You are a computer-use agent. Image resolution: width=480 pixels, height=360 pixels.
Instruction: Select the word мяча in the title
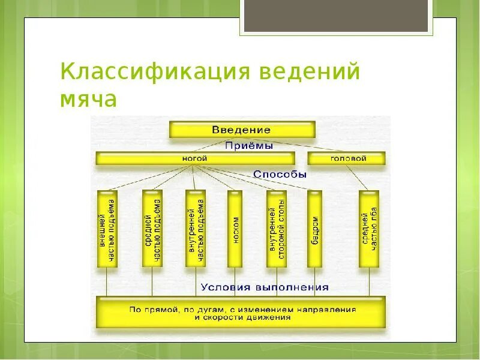(x=88, y=99)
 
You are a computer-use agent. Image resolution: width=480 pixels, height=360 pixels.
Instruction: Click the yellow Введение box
(x=242, y=130)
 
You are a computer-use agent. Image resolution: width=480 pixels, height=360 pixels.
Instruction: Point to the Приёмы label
(x=249, y=146)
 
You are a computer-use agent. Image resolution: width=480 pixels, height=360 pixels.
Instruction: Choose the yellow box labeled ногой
(x=196, y=158)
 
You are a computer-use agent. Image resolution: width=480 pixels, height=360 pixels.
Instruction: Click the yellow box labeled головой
(x=347, y=158)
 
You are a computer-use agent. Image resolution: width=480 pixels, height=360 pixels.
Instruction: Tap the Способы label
(x=280, y=175)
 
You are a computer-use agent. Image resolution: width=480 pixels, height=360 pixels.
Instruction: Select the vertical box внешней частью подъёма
(x=107, y=229)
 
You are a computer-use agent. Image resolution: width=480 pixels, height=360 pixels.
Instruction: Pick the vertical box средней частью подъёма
(x=152, y=229)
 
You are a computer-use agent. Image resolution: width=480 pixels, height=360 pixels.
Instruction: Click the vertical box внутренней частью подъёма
(x=196, y=229)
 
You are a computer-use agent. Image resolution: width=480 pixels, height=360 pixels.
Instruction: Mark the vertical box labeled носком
(x=235, y=229)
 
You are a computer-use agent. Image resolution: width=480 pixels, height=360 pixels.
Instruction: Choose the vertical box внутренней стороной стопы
(x=277, y=229)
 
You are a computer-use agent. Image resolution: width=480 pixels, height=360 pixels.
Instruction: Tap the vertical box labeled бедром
(x=314, y=229)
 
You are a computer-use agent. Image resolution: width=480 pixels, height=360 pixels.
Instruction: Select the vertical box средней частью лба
(x=369, y=229)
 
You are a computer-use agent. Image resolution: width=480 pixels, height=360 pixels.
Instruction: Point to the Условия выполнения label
(x=265, y=287)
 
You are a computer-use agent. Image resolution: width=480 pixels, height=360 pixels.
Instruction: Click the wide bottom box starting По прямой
(x=241, y=312)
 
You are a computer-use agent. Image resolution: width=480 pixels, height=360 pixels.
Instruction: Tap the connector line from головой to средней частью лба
(x=358, y=178)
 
